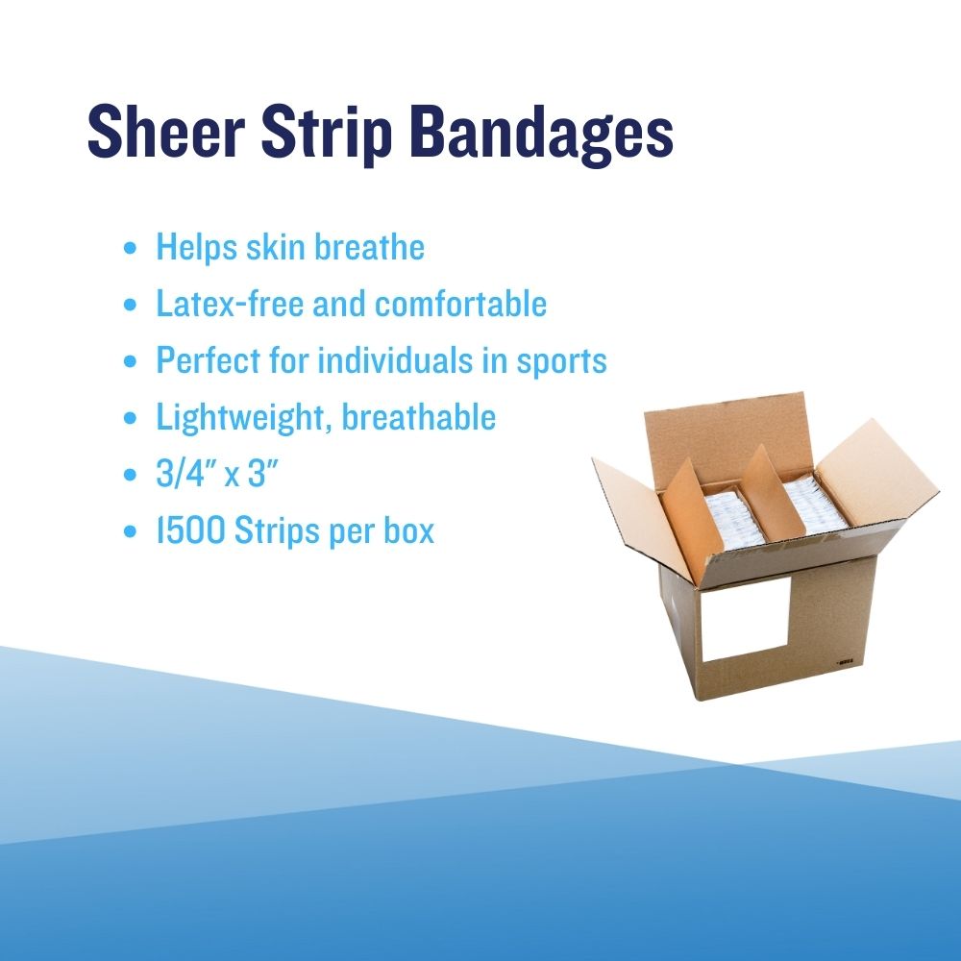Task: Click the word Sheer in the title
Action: point(166,131)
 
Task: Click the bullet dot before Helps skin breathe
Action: point(130,248)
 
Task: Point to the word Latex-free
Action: point(230,304)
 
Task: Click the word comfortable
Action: point(460,304)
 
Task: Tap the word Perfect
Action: point(209,360)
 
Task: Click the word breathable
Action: point(419,417)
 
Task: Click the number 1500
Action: point(190,530)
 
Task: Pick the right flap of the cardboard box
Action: point(875,471)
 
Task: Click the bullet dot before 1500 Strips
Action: point(130,531)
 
